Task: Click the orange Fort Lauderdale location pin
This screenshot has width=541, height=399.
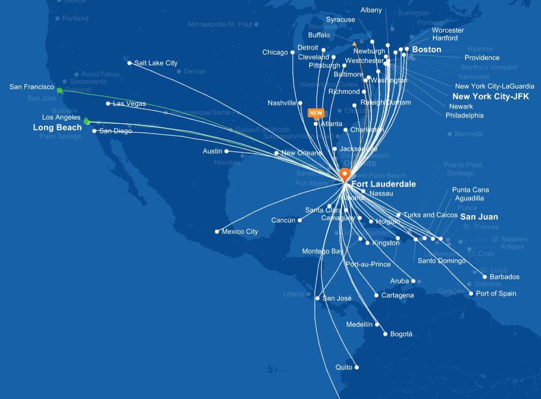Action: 344,174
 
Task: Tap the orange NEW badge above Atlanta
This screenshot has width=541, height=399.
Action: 315,112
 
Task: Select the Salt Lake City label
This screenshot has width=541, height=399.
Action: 155,63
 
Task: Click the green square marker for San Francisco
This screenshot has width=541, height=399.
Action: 60,91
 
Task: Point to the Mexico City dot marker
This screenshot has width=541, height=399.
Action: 217,232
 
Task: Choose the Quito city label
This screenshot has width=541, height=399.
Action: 344,367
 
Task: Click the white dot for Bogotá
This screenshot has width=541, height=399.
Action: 386,334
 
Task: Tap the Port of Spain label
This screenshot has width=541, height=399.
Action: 496,294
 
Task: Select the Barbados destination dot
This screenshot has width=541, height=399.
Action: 484,277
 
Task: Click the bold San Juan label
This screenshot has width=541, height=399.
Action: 479,217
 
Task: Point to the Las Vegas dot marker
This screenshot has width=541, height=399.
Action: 108,104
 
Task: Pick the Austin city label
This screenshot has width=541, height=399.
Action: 212,151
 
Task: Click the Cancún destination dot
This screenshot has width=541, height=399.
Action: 300,220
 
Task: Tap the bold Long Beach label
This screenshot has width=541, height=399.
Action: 57,127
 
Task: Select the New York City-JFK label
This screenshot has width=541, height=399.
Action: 490,96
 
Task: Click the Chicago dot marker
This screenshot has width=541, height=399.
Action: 292,52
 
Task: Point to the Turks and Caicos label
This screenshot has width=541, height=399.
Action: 430,215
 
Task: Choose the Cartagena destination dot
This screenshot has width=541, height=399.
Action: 376,295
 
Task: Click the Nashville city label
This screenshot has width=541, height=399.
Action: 282,103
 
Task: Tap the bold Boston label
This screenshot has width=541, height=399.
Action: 427,49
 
